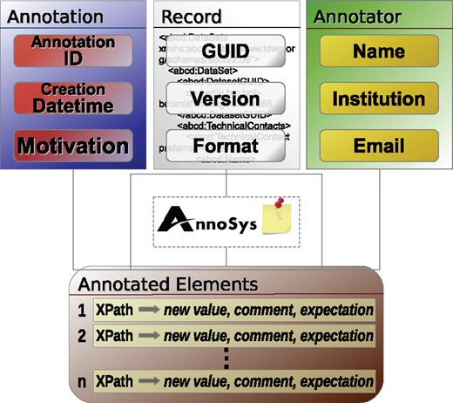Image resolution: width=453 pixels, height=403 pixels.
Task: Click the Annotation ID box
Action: coord(73,51)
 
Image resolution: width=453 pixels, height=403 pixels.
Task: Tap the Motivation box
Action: coord(73,145)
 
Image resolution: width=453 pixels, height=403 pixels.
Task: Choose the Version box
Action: coord(225,99)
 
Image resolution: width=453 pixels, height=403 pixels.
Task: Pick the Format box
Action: coord(225,145)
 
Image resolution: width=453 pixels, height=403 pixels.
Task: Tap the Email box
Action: coord(378,145)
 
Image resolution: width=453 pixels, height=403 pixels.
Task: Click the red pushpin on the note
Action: coord(281,207)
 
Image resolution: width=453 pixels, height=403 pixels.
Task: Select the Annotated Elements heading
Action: coord(167,283)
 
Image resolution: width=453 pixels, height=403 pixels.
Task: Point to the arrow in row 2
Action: coord(150,336)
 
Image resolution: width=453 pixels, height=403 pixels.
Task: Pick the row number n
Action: coord(81,381)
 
